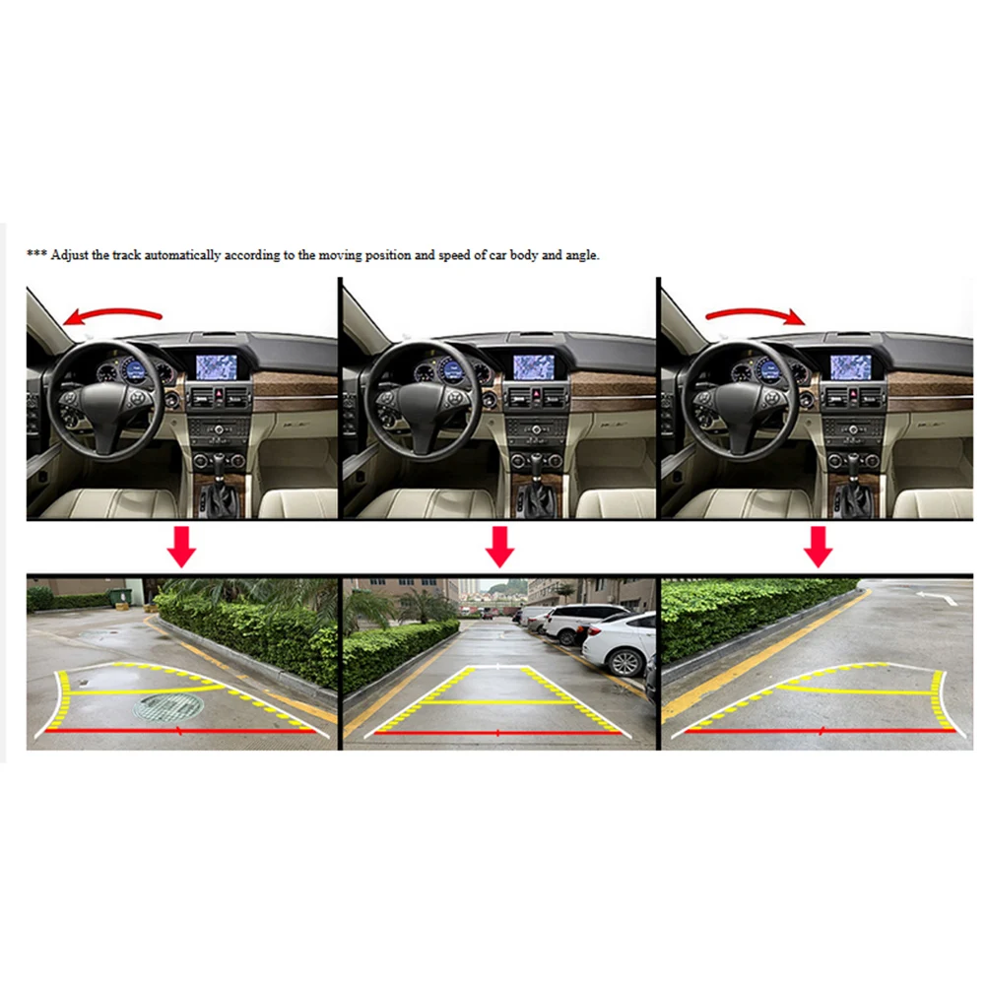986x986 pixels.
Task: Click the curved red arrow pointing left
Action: [113, 311]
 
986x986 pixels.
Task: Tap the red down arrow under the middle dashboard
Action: [500, 547]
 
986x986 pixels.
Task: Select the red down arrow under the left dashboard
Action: [181, 547]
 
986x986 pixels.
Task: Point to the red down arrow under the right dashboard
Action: [819, 547]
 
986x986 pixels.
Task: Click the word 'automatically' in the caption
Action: [182, 255]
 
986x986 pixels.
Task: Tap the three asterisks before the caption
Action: [36, 253]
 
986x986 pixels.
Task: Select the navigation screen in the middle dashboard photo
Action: [534, 367]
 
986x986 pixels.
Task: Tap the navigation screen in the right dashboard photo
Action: [851, 367]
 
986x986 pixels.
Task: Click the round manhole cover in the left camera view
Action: [168, 707]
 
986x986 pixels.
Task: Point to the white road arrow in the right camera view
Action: [937, 597]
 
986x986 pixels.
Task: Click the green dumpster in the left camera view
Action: [120, 597]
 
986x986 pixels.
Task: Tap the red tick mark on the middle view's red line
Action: [498, 733]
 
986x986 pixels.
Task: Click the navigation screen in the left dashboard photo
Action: [217, 367]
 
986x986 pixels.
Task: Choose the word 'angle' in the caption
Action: [582, 256]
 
